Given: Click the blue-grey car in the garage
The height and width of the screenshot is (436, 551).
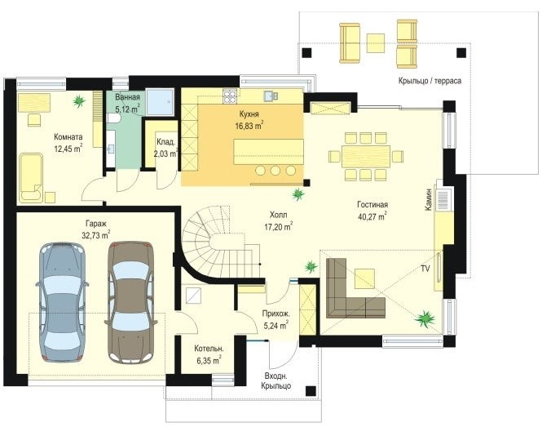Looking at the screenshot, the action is click(63, 302).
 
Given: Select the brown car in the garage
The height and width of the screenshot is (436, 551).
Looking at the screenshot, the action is click(130, 302).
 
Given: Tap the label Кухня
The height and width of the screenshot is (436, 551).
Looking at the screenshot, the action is click(249, 114).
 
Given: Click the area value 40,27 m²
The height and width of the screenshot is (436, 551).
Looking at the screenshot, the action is click(372, 216).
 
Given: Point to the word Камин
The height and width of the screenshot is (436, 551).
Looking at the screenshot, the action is click(428, 199).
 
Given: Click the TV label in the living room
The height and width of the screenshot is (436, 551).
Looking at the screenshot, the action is click(425, 269).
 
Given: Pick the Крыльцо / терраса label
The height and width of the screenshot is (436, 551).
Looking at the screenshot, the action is click(430, 81).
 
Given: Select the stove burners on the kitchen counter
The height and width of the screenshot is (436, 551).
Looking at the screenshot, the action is click(230, 96).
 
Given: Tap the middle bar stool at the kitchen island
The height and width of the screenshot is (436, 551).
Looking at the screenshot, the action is click(275, 171).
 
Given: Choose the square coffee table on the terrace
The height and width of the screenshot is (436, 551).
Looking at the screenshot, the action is click(376, 43).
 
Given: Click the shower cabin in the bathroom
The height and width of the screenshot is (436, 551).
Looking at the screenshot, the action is click(160, 102).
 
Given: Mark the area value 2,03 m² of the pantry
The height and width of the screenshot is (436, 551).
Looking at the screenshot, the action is click(165, 153).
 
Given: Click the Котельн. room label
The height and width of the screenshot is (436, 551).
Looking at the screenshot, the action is click(209, 349).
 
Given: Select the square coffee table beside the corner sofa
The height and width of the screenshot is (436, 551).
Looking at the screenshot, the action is click(365, 278).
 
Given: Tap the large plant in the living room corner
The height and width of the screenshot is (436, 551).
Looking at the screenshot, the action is click(425, 318).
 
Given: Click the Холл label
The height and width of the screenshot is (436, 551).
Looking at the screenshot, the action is click(278, 215).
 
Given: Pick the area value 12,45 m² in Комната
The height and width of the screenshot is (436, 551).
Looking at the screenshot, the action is click(68, 149).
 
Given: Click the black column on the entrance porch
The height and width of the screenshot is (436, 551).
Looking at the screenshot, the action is click(311, 391).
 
